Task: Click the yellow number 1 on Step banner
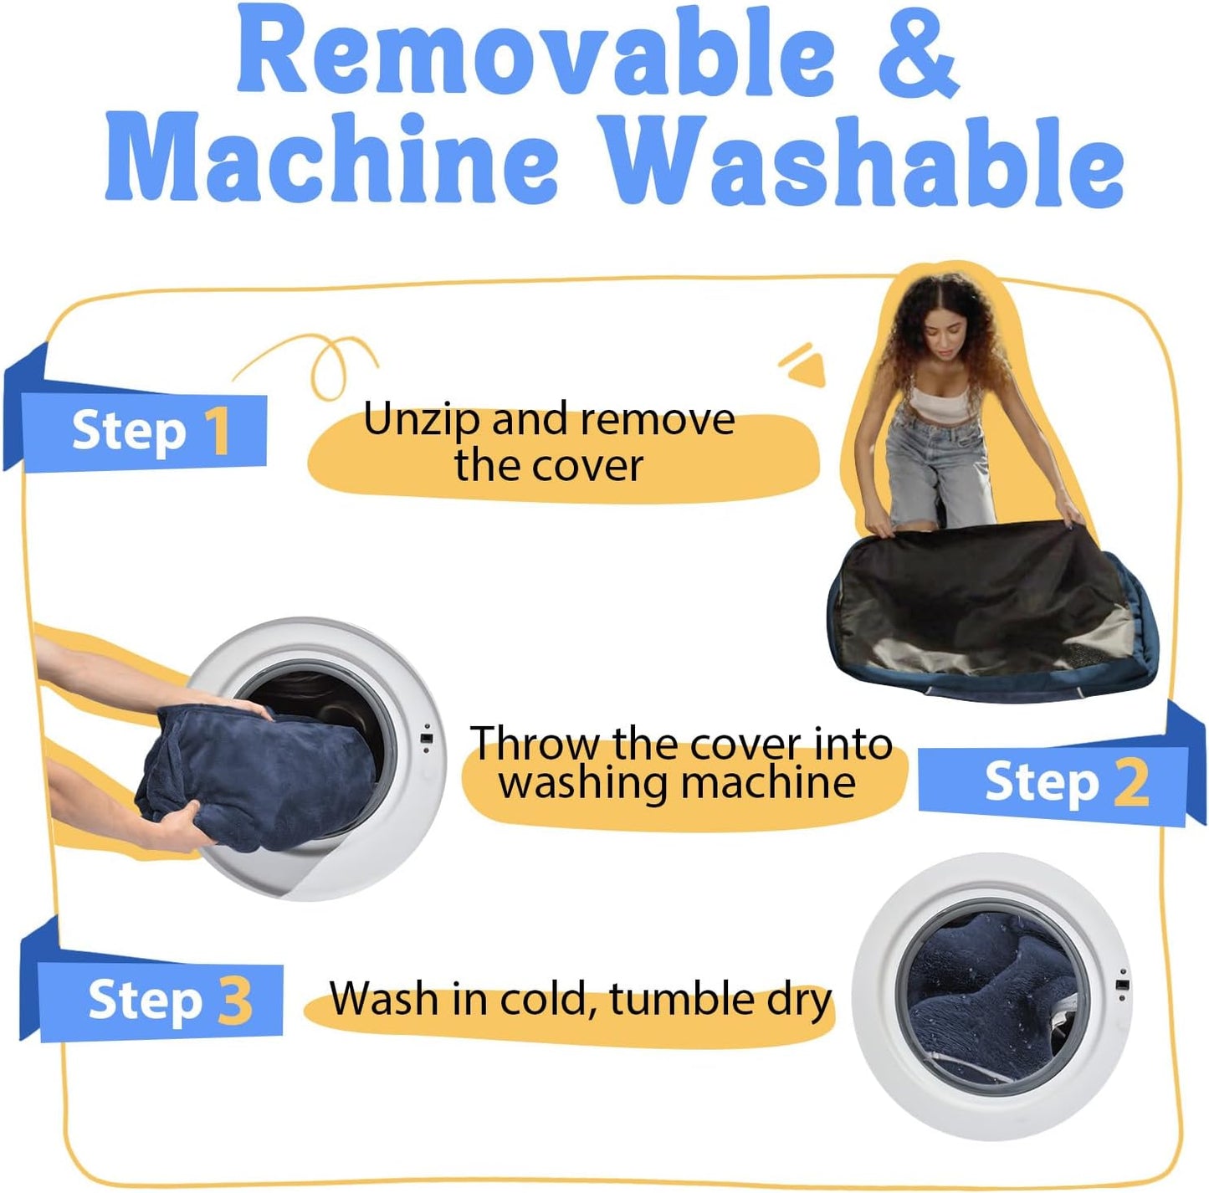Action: (219, 430)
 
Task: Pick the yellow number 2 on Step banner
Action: (1131, 783)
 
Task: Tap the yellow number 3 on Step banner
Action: (236, 1001)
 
